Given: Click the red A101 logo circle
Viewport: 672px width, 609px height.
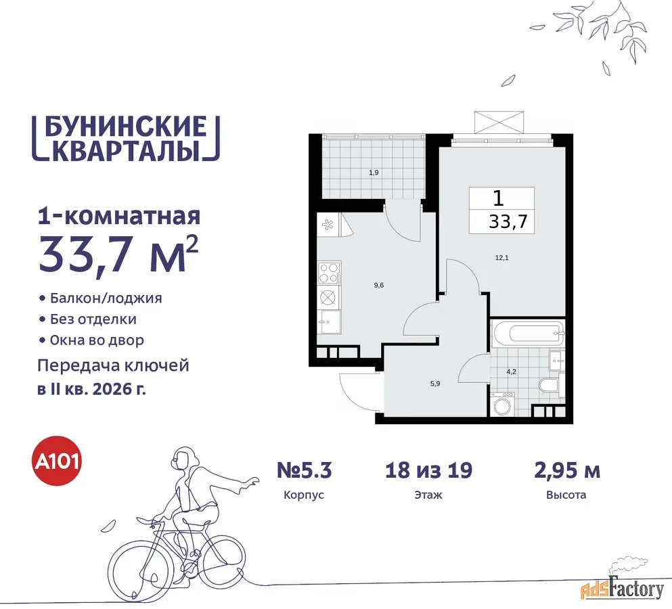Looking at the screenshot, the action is tap(58, 461).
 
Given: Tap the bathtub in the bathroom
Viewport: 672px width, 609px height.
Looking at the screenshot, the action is tap(528, 333).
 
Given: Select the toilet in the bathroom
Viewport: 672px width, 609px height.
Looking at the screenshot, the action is tap(551, 385).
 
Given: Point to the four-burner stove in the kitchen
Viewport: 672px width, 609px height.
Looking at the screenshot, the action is tap(329, 273).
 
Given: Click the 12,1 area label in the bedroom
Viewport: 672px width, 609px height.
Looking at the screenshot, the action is tap(502, 258).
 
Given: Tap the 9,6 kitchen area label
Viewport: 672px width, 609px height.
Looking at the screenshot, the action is tap(379, 285).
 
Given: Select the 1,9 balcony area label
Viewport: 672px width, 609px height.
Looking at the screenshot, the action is tap(374, 173).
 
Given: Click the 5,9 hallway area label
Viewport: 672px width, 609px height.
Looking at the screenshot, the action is tap(435, 384).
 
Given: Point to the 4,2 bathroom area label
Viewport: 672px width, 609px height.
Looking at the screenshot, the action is tap(512, 371).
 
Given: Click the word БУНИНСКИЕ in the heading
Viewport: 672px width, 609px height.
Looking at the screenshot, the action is tap(126, 127).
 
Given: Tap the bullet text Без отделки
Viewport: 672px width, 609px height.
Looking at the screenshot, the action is tap(93, 319).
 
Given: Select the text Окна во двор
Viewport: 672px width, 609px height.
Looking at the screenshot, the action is tap(97, 340).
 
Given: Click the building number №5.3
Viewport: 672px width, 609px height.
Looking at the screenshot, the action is tap(305, 470).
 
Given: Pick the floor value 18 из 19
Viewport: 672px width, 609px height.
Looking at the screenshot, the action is tap(428, 470).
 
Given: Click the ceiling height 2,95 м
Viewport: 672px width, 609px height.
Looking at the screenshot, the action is tap(566, 470).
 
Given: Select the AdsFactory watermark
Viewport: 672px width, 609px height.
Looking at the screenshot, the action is tap(623, 589).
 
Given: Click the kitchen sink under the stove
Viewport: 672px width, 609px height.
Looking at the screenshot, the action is tap(329, 322).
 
